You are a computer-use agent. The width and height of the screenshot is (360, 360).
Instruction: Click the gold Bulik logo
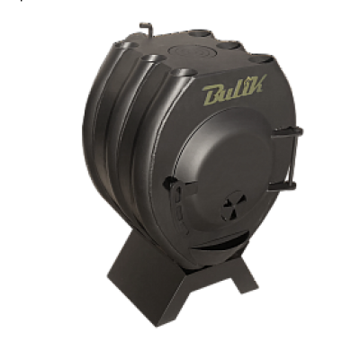[x=233, y=90]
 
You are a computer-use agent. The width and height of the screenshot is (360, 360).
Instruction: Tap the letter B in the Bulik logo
[x=212, y=96]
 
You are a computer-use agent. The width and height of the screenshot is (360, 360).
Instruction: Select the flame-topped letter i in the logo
[x=244, y=87]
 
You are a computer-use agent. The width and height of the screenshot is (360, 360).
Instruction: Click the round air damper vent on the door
[x=234, y=205]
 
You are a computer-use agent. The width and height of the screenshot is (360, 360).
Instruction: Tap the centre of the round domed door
[x=223, y=168]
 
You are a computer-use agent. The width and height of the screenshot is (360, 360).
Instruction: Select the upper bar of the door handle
[x=286, y=132]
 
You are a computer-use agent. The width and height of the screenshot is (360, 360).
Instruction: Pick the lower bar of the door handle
[x=282, y=186]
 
